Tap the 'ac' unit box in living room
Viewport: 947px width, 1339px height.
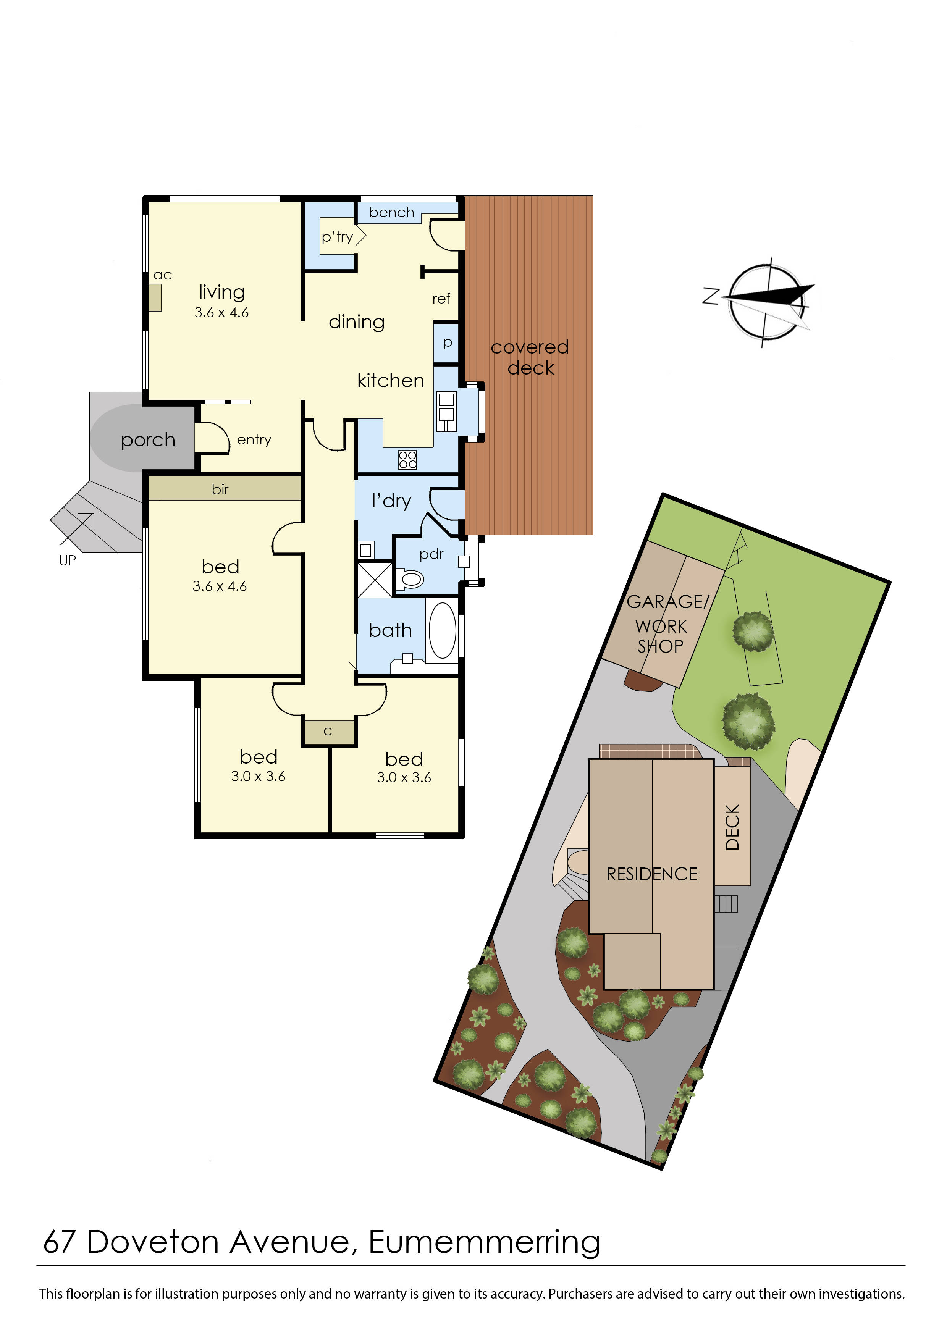(x=155, y=297)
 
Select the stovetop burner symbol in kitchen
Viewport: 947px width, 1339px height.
(x=407, y=460)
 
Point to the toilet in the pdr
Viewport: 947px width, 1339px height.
(x=411, y=579)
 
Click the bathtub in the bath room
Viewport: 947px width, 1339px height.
(x=442, y=631)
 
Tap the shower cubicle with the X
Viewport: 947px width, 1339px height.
(x=374, y=579)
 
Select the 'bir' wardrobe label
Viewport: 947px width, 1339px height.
(x=220, y=489)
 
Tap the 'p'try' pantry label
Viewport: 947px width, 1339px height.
(x=337, y=236)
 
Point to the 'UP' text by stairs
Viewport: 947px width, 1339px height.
(x=68, y=560)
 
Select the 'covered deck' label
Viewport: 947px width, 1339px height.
(x=530, y=357)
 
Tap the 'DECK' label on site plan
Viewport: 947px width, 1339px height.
(x=732, y=827)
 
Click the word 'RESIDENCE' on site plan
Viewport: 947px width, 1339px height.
(x=651, y=874)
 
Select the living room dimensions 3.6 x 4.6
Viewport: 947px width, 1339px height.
(x=221, y=313)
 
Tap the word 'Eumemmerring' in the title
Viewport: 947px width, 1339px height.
(x=484, y=1242)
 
